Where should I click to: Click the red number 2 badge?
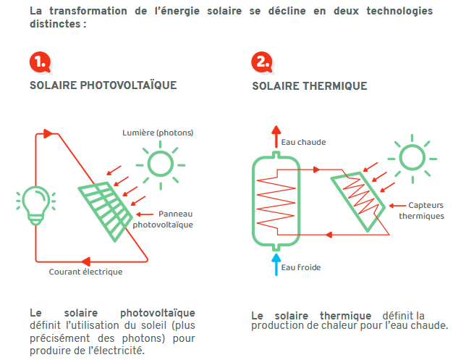click(261, 62)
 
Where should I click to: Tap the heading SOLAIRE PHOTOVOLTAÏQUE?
click(103, 85)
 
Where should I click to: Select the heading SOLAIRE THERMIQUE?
click(309, 86)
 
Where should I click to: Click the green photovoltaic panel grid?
click(106, 210)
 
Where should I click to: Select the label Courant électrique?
click(85, 272)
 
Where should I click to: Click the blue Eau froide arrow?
click(274, 264)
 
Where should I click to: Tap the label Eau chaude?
click(303, 142)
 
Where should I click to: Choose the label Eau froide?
click(300, 267)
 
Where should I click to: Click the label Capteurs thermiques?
click(419, 210)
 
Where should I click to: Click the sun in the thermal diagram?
click(412, 156)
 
